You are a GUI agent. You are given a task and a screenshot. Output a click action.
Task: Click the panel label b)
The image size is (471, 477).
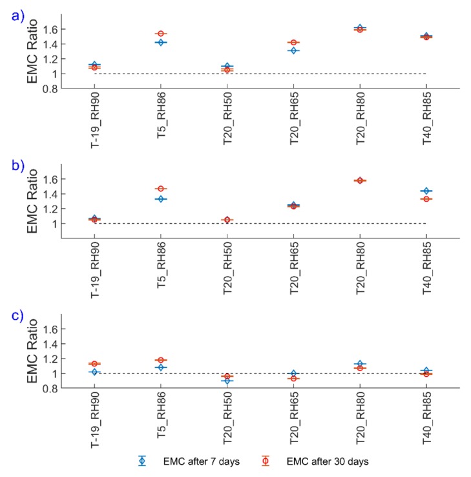(14, 165)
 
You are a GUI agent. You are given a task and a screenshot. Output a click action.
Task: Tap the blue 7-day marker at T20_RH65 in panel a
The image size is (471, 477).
(293, 50)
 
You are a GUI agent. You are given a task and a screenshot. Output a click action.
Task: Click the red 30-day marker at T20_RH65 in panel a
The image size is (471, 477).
(293, 43)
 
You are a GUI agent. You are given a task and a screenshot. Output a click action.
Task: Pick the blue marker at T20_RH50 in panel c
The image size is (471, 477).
(227, 381)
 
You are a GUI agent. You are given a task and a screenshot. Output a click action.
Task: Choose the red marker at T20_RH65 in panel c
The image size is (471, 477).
(293, 378)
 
